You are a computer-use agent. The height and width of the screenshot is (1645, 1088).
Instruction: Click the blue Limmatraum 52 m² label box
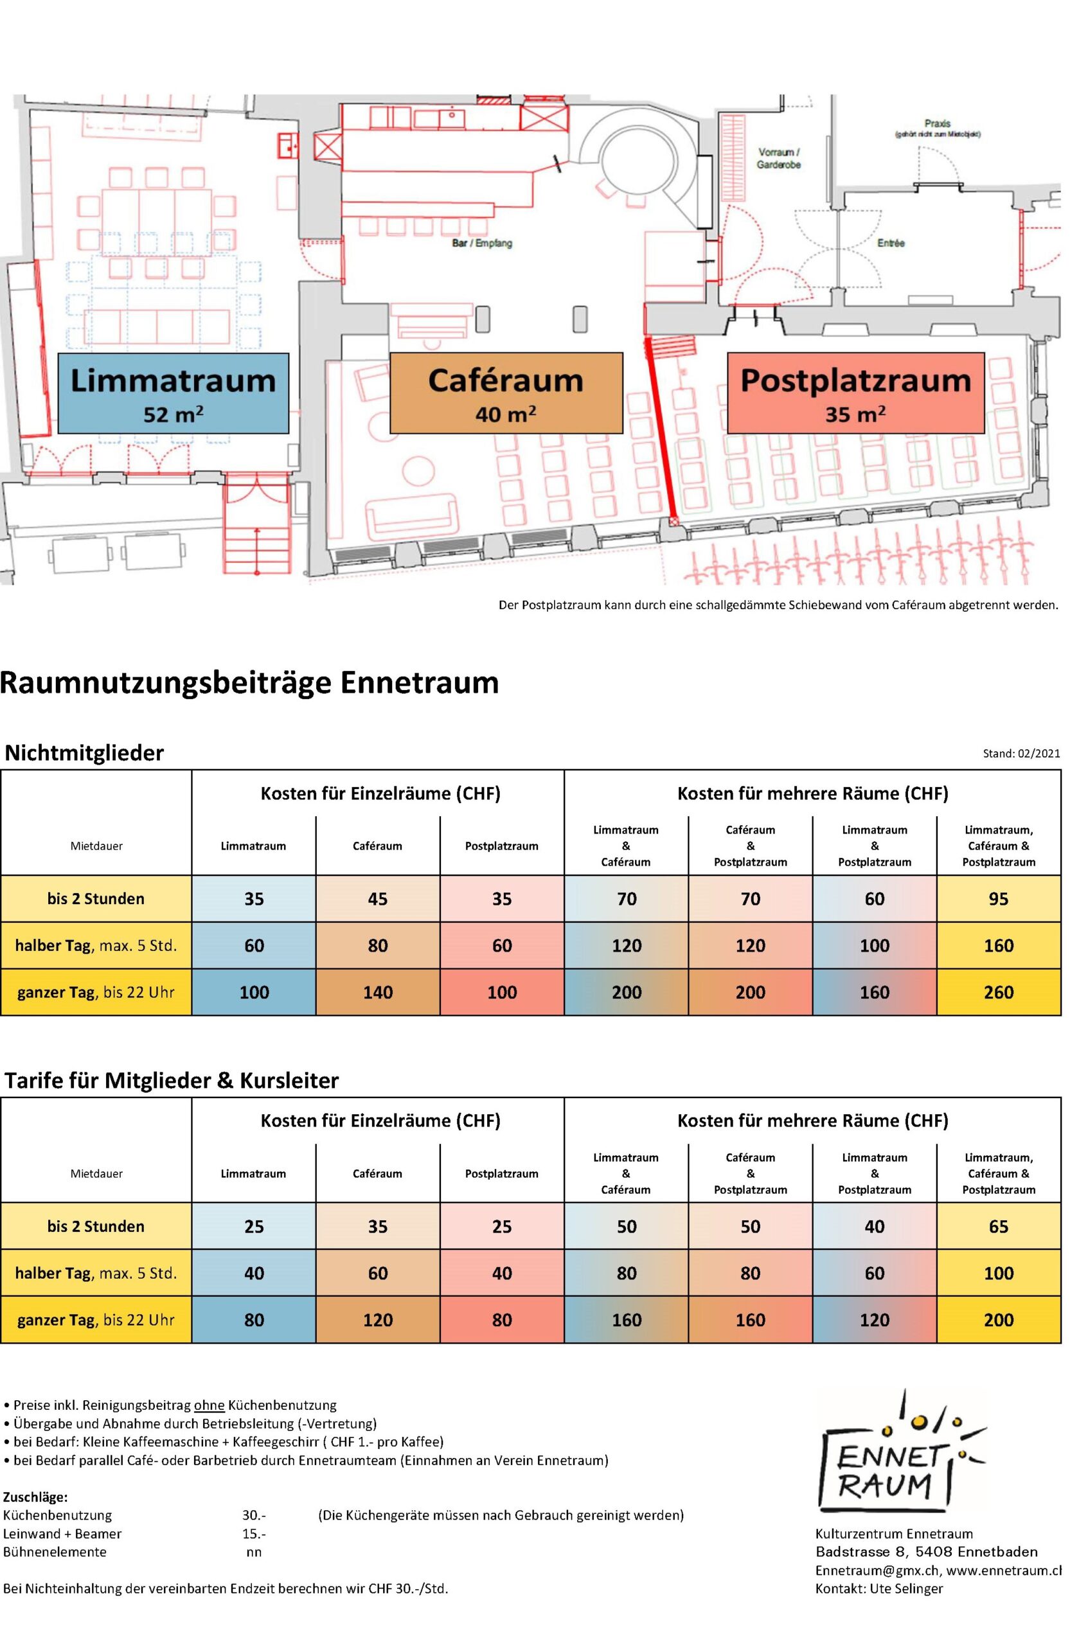click(x=173, y=393)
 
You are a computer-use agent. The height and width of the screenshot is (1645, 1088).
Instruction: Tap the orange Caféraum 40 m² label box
click(x=506, y=393)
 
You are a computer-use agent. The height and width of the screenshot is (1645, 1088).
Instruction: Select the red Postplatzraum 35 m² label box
click(x=855, y=393)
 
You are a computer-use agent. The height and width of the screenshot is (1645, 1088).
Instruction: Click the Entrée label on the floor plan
click(x=891, y=244)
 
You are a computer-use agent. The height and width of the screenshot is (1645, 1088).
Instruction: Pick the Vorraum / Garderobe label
click(x=780, y=158)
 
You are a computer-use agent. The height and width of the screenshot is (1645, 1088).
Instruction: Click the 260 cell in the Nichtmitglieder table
click(x=999, y=992)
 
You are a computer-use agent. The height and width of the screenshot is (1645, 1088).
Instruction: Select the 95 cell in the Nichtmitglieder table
click(x=999, y=899)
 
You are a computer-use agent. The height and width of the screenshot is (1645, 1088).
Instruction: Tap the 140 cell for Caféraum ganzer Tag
click(x=377, y=992)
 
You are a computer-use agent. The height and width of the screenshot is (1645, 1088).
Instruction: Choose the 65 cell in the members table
click(x=999, y=1227)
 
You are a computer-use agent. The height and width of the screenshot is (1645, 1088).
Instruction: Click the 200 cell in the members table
click(x=999, y=1320)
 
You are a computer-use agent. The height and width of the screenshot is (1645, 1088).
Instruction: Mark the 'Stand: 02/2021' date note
click(x=1021, y=754)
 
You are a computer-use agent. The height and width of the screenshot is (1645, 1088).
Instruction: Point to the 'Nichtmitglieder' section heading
click(x=84, y=752)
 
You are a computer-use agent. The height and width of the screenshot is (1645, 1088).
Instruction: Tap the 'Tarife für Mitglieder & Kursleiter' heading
click(x=172, y=1080)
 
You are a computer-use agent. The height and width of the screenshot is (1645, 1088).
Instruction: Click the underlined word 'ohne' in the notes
click(x=209, y=1419)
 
